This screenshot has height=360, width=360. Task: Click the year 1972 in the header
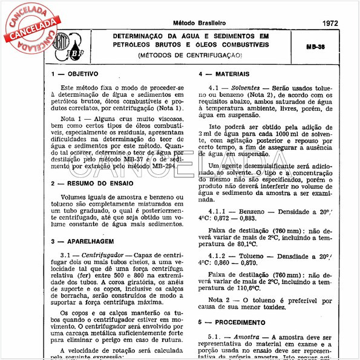(330, 23)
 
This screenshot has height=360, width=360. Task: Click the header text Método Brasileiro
(200, 23)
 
